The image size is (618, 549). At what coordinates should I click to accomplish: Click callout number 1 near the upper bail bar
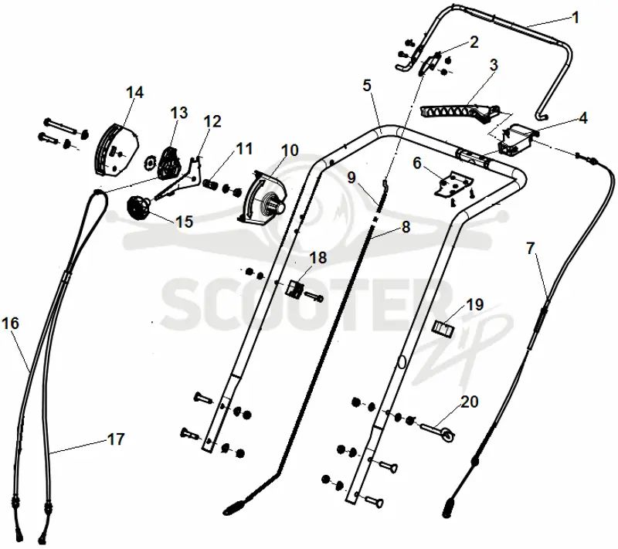click(576, 18)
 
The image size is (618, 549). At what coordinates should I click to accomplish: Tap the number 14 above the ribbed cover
click(134, 93)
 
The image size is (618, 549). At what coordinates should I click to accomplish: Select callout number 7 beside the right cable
click(531, 249)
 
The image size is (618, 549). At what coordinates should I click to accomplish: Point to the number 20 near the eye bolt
click(469, 402)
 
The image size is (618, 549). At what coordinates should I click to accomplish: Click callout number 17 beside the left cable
click(116, 439)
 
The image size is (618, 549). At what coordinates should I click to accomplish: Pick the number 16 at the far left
click(11, 324)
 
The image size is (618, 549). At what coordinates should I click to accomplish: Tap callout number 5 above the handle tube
click(367, 85)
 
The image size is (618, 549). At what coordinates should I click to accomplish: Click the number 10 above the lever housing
click(290, 151)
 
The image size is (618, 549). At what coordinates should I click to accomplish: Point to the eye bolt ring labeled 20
click(448, 435)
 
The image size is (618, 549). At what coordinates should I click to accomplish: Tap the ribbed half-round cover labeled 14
click(117, 149)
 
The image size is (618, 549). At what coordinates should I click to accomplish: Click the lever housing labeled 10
click(263, 198)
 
